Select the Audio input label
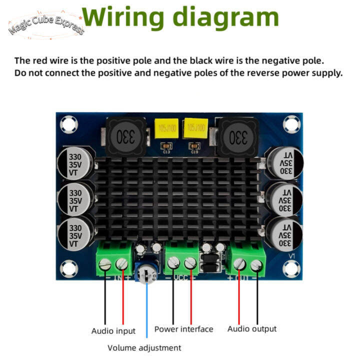113,330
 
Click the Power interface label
183,329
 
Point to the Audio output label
251,328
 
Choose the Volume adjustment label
144,347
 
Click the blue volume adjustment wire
146,310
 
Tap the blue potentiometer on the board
147,274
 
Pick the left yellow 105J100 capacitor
166,129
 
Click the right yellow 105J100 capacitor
195,129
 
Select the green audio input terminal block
113,259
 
